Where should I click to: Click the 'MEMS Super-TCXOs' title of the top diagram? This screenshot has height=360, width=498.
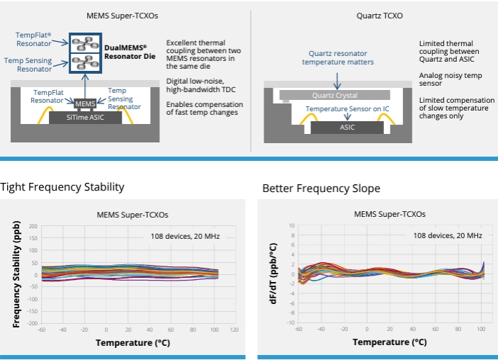[125, 16]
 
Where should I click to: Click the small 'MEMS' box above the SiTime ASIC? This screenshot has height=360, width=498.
[84, 103]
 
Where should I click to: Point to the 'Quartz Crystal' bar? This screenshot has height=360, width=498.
[334, 95]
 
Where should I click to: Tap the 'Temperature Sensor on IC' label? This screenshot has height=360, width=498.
[347, 109]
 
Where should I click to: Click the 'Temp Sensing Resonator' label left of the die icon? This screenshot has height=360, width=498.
[28, 64]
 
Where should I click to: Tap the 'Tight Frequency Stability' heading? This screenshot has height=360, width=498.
[62, 187]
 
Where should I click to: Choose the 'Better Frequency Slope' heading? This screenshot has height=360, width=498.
[321, 189]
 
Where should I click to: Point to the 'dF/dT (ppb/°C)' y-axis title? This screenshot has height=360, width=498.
[273, 274]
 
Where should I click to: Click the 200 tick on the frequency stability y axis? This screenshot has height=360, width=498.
[33, 226]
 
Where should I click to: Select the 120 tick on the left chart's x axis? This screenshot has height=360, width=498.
[234, 330]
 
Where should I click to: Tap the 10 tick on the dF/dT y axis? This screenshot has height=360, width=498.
[291, 225]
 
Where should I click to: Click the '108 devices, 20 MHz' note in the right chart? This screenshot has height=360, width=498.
[448, 235]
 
